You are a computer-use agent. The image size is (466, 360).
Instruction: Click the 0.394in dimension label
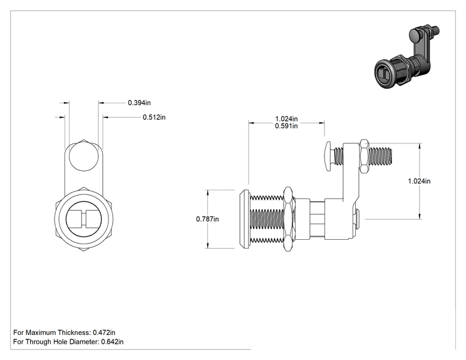point(139,103)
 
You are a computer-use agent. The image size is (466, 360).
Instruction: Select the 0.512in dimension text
point(154,117)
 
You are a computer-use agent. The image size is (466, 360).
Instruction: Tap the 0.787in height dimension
point(207,219)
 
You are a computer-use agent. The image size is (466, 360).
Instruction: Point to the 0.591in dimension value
point(286,126)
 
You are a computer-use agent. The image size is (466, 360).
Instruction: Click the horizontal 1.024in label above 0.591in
point(286,119)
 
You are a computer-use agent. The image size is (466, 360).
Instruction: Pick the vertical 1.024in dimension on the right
point(419,181)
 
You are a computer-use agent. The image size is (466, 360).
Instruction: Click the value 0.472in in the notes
point(104,332)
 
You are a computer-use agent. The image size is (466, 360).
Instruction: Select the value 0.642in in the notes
point(112,342)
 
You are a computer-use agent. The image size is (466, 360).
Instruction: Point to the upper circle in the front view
point(84,157)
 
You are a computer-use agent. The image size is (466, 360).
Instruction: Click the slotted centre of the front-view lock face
point(83,220)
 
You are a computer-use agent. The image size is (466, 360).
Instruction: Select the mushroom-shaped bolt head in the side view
point(329,157)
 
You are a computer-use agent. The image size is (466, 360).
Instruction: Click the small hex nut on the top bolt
point(364,157)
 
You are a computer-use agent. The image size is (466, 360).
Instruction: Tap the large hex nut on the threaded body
point(288,219)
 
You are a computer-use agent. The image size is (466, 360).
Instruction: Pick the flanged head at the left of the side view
point(245,219)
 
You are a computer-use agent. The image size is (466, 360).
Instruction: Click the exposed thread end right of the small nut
point(380,157)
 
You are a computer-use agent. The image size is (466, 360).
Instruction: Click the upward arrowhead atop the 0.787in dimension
point(208,192)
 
